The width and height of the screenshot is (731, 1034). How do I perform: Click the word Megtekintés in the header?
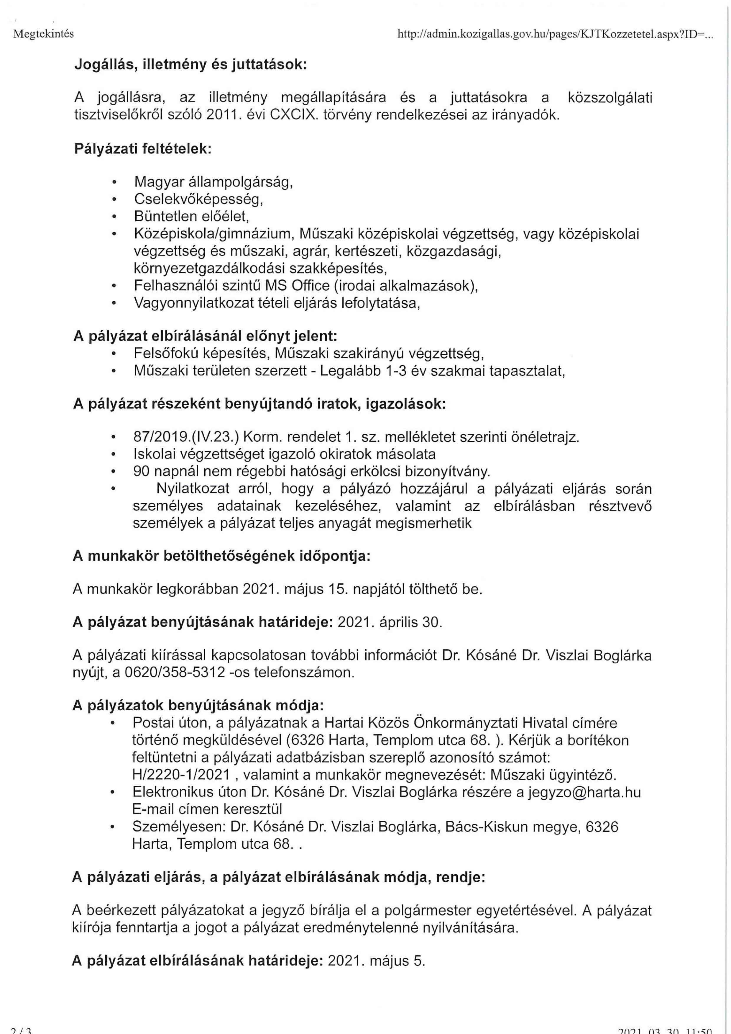(43, 34)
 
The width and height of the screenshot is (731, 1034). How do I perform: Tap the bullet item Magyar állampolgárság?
(213, 182)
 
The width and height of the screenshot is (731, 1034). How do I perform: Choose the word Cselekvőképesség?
(198, 199)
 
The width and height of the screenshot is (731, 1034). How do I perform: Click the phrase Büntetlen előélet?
(191, 217)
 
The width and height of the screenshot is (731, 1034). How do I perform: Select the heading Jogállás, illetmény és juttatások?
(190, 65)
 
